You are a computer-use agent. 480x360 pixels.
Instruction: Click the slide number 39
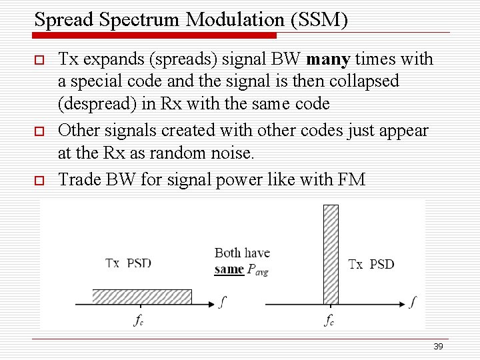click(x=438, y=346)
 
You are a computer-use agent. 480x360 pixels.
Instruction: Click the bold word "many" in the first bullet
click(x=328, y=60)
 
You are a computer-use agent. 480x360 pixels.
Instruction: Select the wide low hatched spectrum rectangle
click(x=142, y=297)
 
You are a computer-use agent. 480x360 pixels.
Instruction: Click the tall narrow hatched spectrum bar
click(x=331, y=254)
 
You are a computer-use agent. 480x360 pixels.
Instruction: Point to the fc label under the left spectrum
click(x=139, y=320)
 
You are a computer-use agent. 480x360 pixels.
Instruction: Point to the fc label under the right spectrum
click(x=329, y=320)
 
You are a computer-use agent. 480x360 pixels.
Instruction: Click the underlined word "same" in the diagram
click(x=229, y=269)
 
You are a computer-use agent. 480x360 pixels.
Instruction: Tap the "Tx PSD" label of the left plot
click(x=129, y=263)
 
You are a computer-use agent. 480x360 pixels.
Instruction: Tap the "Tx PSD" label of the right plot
click(x=371, y=264)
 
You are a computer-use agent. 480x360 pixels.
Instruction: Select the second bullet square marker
click(x=39, y=131)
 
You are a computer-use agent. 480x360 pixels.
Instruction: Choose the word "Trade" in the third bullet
click(x=78, y=179)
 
